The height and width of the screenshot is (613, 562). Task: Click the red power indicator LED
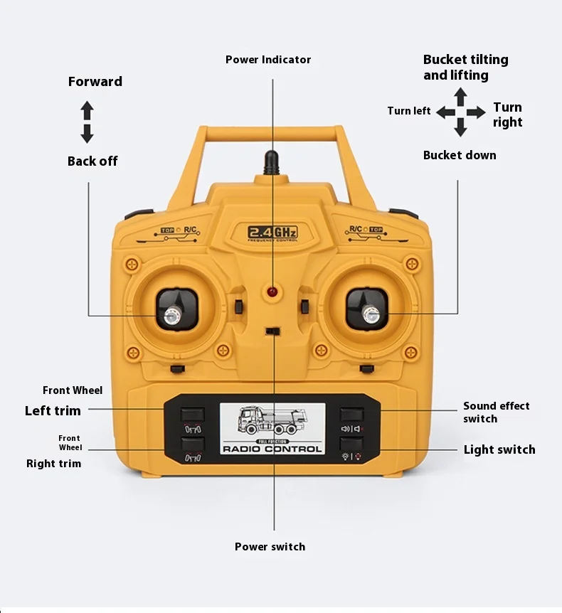[x=272, y=293]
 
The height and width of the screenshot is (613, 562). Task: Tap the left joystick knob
[x=172, y=315]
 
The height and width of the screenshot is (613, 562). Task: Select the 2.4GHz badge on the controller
[x=272, y=232]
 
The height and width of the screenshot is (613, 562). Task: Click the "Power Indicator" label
[x=268, y=60]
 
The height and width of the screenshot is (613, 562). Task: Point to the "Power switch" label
[x=270, y=547]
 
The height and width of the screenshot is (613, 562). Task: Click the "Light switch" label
[x=499, y=449]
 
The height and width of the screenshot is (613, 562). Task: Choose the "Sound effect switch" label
[x=496, y=412]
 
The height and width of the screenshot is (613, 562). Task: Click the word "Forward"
[x=95, y=82]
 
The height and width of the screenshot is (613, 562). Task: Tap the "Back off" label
[x=92, y=161]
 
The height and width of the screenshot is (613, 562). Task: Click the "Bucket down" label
[x=460, y=155]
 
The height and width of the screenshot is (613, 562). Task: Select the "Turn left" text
[x=408, y=111]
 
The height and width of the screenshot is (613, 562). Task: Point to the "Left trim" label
[x=53, y=410]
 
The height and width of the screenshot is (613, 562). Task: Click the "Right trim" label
[x=54, y=464]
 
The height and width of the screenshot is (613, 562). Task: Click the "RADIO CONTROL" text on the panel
[x=272, y=449]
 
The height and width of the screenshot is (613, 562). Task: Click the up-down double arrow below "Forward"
[x=87, y=122]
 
